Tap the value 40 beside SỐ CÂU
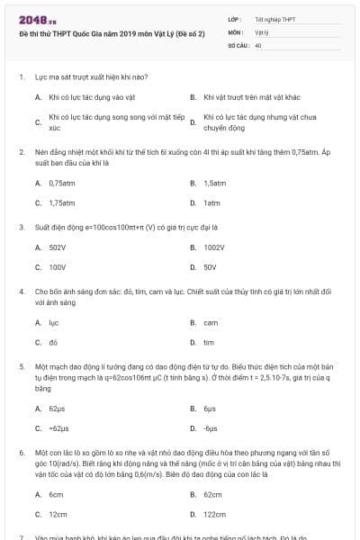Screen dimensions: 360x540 (258, 44)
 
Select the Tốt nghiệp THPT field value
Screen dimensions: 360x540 (274, 19)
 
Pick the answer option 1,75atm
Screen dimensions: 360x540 (62, 202)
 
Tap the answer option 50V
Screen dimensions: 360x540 (210, 267)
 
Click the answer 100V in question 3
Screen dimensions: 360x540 (58, 267)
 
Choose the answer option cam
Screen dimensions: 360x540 (211, 322)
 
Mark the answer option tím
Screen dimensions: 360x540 (209, 343)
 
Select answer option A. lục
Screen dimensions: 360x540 (54, 322)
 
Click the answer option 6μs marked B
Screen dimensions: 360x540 (210, 408)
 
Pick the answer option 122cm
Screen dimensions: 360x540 (215, 515)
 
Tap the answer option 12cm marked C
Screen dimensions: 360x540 (57, 515)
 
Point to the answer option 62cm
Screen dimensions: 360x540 (213, 494)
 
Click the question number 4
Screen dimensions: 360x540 (21, 292)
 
